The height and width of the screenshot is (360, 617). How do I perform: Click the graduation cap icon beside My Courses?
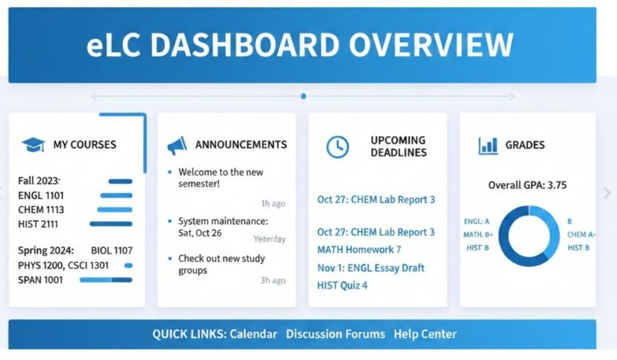point(33,145)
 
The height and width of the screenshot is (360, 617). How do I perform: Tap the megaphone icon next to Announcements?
point(177,145)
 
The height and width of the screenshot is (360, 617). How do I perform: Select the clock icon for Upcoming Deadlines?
point(337,146)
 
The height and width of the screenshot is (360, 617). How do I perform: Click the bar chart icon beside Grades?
point(487,145)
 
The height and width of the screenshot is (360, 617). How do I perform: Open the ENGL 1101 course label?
point(41,195)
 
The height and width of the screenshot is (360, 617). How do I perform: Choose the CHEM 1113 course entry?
point(41,210)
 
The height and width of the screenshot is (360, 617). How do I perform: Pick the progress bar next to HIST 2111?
point(111,224)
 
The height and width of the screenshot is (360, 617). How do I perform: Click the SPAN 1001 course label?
point(41,280)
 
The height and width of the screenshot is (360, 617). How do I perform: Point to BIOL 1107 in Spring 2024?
point(111,250)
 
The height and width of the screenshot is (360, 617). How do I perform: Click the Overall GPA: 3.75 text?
point(527,185)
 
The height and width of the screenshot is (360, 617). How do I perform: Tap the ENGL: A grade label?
point(477,221)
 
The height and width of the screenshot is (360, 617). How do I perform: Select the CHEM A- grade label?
point(581,235)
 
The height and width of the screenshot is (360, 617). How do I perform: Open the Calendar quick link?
point(254,334)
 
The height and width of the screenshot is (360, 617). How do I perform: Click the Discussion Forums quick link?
point(336,334)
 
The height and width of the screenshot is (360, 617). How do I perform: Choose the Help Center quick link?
point(425,334)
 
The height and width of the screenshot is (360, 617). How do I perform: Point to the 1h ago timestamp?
point(273,203)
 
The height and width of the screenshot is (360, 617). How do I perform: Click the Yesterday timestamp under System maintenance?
point(269,239)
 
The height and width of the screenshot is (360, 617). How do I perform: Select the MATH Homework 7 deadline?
point(359,250)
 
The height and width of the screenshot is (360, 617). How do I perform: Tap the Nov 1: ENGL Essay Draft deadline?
point(371,268)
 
